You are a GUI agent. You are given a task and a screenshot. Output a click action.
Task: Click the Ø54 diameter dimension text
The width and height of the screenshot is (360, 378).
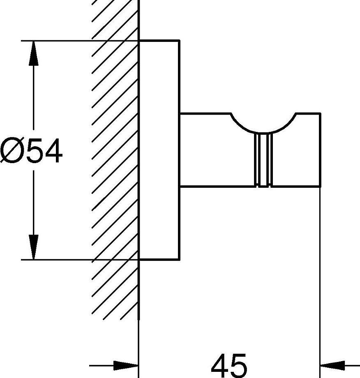click(x=31, y=151)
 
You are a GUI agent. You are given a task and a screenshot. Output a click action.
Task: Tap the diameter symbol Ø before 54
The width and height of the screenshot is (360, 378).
click(x=11, y=151)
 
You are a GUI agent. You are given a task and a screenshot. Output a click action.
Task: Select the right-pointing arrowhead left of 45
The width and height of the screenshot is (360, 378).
click(x=125, y=365)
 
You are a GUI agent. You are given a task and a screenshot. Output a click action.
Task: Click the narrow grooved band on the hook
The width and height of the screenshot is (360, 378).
click(x=263, y=160)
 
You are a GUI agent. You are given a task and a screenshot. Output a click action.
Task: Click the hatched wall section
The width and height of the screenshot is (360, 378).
click(x=115, y=164)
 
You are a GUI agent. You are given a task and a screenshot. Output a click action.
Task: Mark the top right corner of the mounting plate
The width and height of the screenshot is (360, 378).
click(x=179, y=41)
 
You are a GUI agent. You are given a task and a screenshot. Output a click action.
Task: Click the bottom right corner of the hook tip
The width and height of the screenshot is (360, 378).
click(x=320, y=186)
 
